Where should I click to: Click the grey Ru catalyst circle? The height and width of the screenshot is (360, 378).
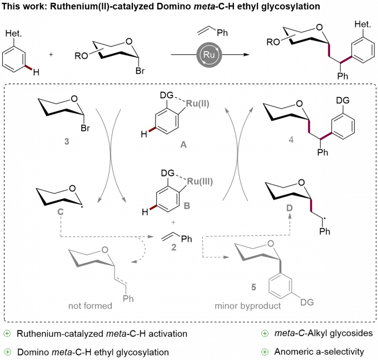tap(209, 54)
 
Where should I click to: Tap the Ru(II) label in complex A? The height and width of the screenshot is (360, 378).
tap(197, 104)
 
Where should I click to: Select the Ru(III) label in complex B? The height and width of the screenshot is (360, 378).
tap(200, 181)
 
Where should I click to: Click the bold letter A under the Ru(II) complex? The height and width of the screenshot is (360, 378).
tap(183, 145)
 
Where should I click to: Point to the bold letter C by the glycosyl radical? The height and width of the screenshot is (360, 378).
tap(60, 212)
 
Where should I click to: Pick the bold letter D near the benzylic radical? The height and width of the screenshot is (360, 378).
tap(290, 208)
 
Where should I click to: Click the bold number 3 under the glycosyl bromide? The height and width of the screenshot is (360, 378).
tap(67, 141)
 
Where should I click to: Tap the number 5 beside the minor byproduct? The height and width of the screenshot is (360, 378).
tap(253, 287)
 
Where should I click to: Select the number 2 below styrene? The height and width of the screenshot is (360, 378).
tap(174, 247)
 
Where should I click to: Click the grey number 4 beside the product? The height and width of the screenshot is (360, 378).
tap(291, 140)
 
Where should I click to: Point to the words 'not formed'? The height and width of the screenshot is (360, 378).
tap(90, 306)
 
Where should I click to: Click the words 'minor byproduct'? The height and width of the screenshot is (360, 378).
tap(247, 306)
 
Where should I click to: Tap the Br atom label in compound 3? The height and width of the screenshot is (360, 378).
tap(86, 128)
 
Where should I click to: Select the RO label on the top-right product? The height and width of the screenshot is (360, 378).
tap(273, 42)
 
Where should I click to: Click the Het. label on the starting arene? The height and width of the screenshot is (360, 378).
tap(13, 33)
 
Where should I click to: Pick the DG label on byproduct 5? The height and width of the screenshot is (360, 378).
tap(307, 302)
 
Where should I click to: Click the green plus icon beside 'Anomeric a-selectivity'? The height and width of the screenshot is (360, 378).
tap(265, 352)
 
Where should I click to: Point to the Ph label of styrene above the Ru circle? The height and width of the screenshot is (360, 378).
tap(222, 33)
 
